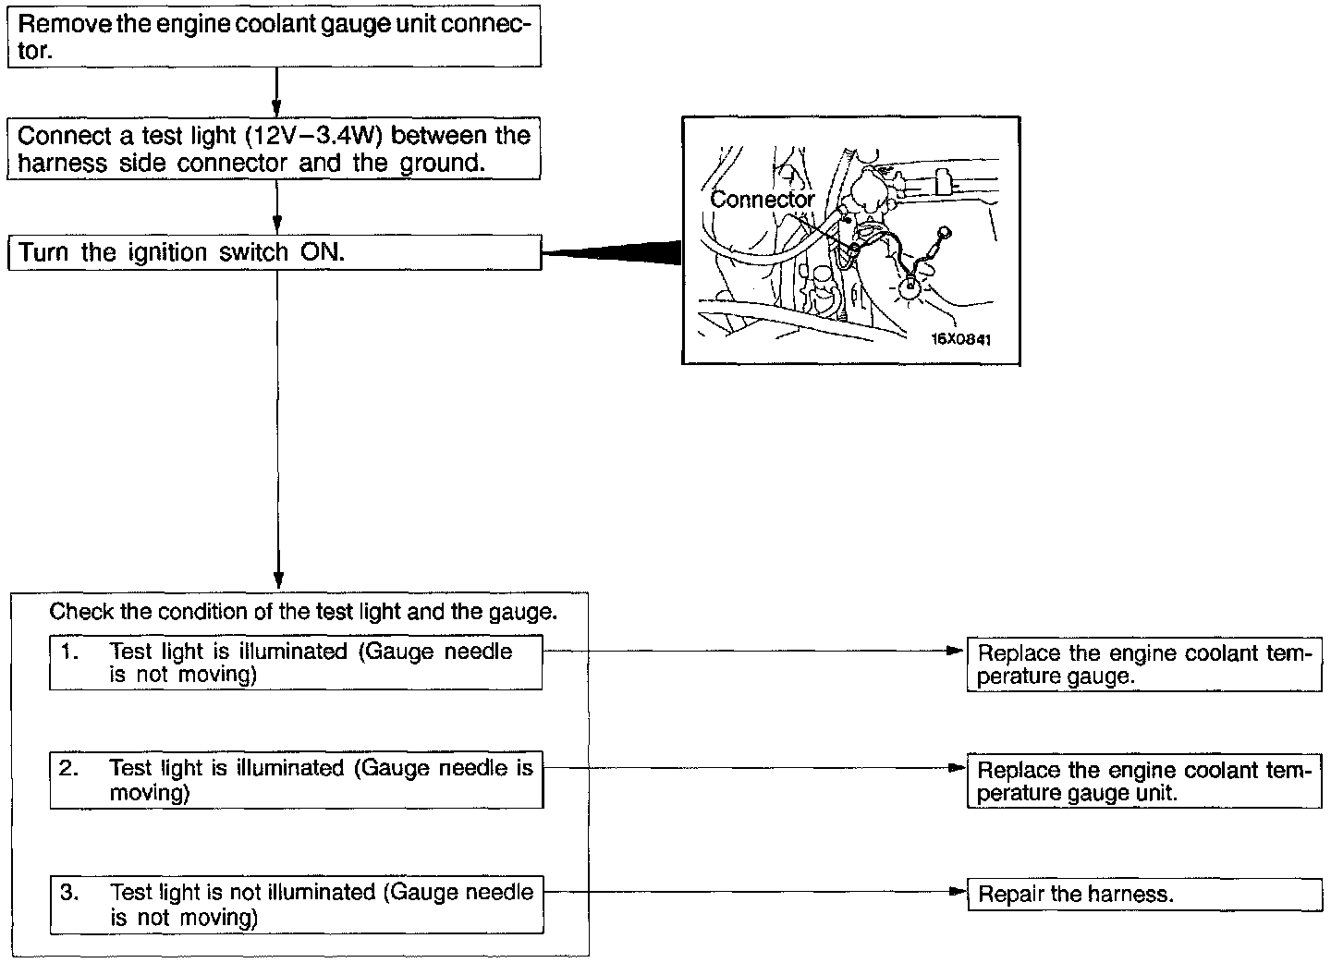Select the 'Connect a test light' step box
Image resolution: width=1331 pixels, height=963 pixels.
[274, 149]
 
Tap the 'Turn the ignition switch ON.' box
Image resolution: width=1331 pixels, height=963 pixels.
[274, 252]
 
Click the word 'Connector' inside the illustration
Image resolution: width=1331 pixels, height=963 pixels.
[762, 199]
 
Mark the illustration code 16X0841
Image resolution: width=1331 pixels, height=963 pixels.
[960, 339]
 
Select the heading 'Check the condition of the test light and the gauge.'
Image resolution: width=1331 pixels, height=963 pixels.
[303, 612]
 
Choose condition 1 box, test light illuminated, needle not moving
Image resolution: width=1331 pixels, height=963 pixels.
[296, 663]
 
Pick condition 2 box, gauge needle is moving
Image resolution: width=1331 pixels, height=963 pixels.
[296, 781]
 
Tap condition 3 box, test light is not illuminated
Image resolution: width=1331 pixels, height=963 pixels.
[296, 905]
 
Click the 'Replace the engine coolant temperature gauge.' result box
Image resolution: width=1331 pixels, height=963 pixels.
[1144, 664]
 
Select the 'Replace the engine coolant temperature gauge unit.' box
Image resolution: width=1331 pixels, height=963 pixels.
[1144, 782]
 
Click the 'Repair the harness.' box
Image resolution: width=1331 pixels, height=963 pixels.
[1144, 894]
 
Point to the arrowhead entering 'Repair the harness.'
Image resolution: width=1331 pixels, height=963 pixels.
[959, 893]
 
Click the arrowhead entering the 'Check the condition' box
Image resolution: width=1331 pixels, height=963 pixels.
[277, 580]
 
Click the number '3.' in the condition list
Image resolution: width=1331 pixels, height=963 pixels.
[69, 893]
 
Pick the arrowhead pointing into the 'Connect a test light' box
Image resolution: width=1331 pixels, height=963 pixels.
[276, 108]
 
